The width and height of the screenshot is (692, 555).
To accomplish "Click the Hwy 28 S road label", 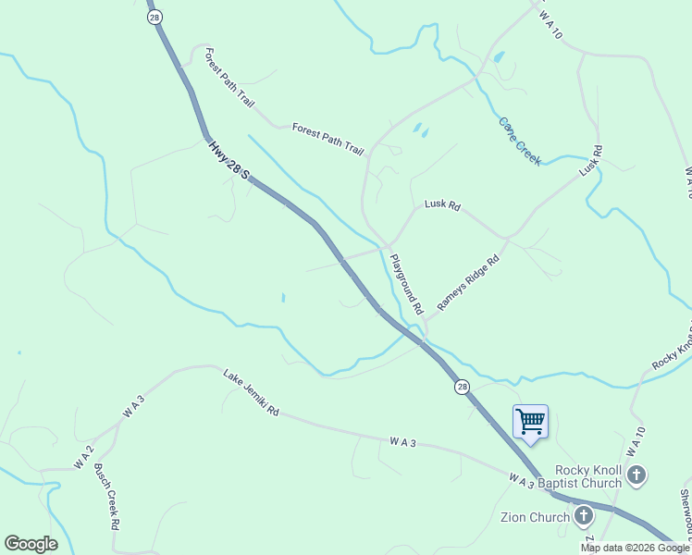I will [229, 160].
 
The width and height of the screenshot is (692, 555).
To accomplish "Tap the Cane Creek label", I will [519, 141].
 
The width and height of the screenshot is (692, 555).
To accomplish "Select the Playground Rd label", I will [406, 283].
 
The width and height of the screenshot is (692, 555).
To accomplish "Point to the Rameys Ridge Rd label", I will [468, 283].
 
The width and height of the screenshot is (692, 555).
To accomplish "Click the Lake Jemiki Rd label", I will [250, 392].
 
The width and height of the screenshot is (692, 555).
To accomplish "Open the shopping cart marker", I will [530, 422].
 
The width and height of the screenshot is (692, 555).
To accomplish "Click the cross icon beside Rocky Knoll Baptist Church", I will [636, 476].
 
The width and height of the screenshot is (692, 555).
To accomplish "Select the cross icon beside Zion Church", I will [584, 516].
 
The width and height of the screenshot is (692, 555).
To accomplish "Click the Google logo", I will [31, 544].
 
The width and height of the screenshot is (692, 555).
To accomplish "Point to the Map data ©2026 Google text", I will [635, 548].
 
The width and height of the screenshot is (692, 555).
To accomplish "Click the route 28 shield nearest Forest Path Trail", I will [154, 17].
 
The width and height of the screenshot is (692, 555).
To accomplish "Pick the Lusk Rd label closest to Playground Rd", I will [442, 205].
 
